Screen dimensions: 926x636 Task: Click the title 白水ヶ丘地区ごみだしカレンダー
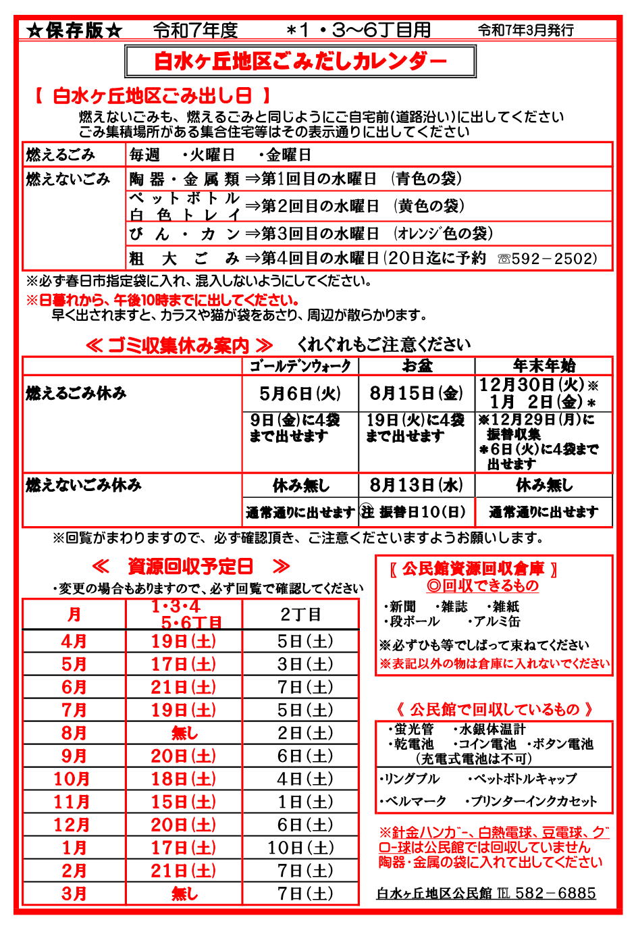300,61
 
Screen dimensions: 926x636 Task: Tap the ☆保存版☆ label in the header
75,30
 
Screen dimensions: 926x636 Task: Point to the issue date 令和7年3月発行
526,30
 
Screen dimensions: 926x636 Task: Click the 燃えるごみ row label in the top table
61,155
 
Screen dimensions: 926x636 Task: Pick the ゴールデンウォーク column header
300,366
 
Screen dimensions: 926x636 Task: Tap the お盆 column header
417,366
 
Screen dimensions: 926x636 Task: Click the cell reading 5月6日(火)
300,393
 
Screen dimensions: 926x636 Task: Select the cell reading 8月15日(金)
417,393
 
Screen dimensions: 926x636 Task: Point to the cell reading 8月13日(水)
417,485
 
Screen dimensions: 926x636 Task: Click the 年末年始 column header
544,366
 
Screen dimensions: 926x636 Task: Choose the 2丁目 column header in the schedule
300,614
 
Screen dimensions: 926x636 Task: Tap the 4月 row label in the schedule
74,641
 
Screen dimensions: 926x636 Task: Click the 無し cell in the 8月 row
184,733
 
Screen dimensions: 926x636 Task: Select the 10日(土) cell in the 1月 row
300,848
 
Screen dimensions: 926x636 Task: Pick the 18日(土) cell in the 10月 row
184,779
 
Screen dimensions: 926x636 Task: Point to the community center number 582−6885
555,893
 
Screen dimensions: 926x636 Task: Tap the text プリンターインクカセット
533,801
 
